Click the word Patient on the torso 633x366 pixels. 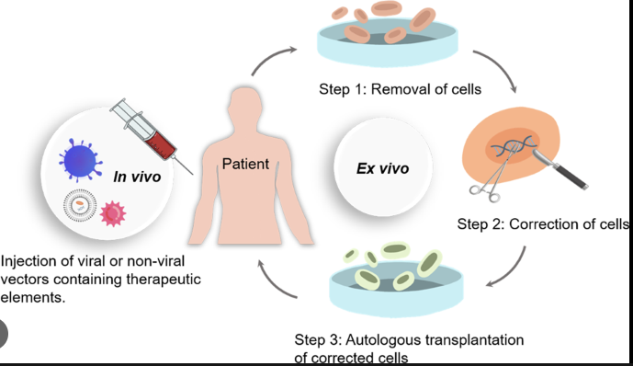[245, 164]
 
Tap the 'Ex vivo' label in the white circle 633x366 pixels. [383, 168]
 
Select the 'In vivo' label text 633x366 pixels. [137, 177]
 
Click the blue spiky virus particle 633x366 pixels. [80, 160]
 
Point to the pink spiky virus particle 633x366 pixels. [113, 213]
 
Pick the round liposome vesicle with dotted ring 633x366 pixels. [80, 205]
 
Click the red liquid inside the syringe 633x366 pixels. [161, 144]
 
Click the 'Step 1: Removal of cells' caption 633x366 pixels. [400, 89]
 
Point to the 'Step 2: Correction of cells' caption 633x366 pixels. [543, 223]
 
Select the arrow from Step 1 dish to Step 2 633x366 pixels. [500, 66]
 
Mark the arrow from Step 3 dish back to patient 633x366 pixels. [273, 285]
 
